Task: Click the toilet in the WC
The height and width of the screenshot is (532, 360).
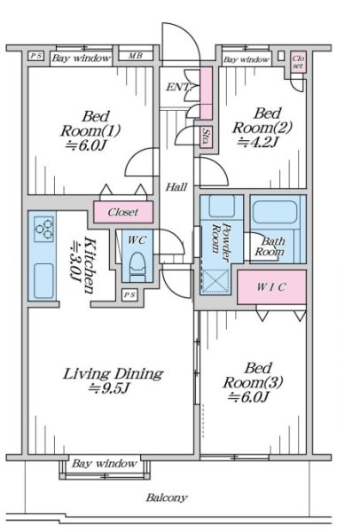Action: coord(137,266)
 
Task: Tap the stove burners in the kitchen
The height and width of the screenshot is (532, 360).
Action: coord(44,229)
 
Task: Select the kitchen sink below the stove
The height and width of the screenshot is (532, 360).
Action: coord(43,280)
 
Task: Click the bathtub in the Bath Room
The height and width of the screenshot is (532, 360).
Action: coord(275,212)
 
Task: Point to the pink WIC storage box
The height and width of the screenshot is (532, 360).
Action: coord(271,287)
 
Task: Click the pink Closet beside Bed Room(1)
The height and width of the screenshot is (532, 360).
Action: coord(123,212)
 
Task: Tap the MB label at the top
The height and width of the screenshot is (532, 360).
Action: coord(136,56)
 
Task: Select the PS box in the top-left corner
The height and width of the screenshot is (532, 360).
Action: coord(36,56)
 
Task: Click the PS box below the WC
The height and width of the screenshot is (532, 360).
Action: coord(129,295)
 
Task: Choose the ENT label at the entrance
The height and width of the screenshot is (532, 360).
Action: coord(178,87)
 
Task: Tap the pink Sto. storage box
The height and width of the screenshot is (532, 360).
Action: coord(206,137)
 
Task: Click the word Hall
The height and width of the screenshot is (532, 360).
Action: coord(176,186)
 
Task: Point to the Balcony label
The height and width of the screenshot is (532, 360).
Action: coord(167,497)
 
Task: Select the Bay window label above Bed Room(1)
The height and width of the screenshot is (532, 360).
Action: coord(82,58)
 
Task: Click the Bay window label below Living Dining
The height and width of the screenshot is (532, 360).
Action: coord(105,463)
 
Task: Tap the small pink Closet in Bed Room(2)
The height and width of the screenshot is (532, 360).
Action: coord(298,62)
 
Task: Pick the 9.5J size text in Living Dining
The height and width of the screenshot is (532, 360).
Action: coord(108,388)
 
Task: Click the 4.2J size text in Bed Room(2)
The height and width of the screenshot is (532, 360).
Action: coord(257,142)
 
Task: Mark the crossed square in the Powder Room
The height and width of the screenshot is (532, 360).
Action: coord(215,281)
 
